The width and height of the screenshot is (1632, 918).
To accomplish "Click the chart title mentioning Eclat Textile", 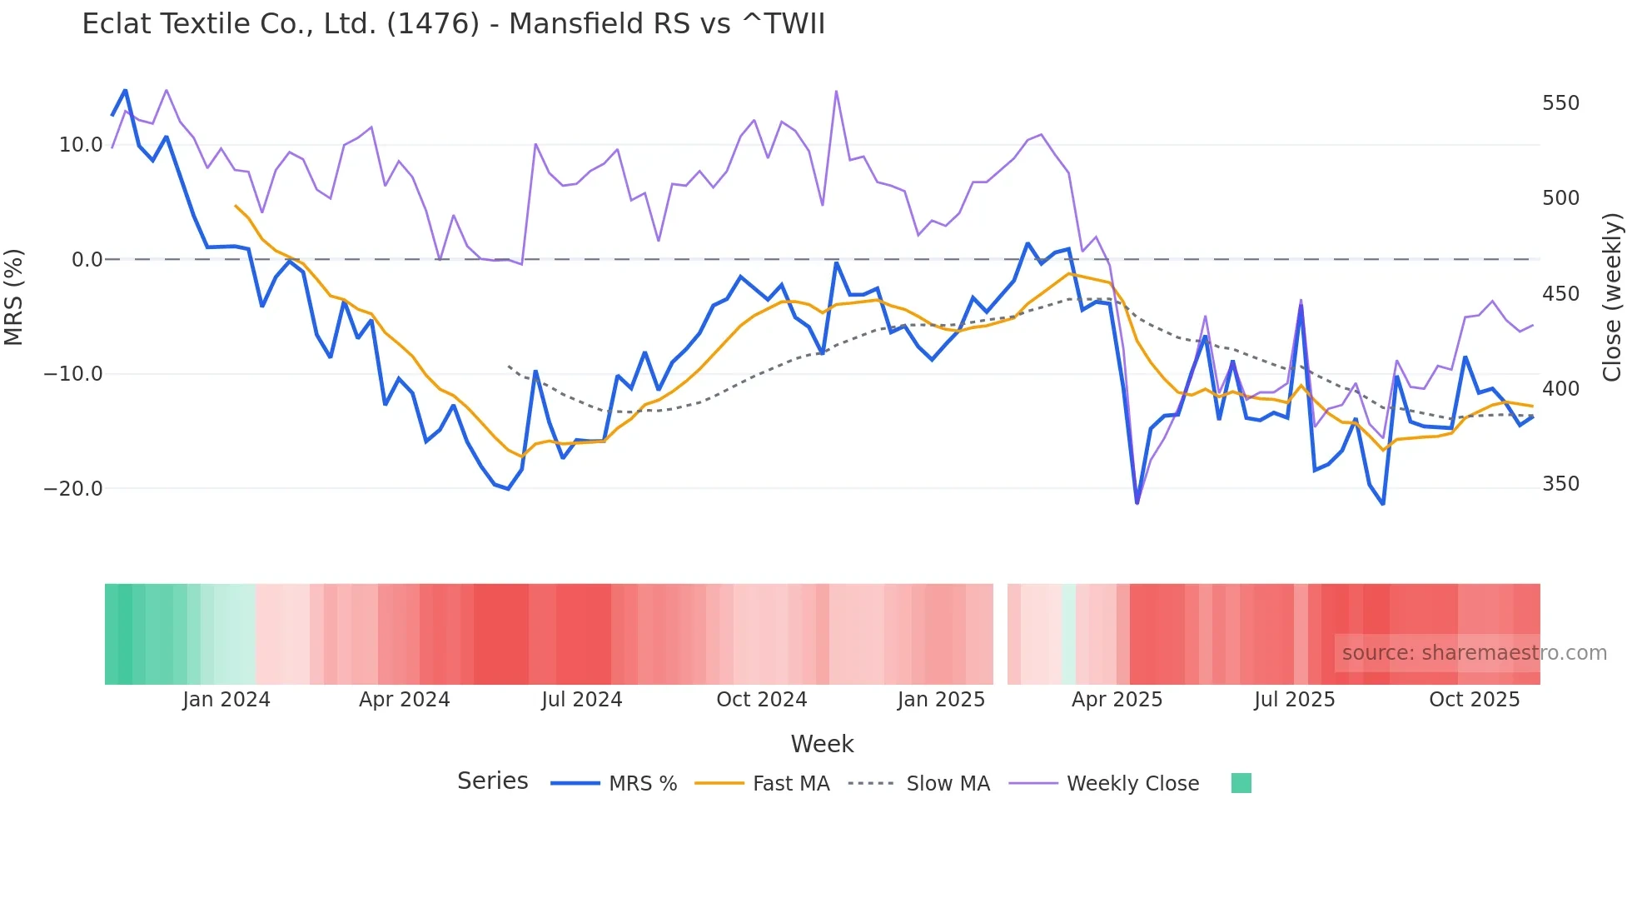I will [453, 24].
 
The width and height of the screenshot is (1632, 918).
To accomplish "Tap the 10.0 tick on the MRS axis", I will [81, 145].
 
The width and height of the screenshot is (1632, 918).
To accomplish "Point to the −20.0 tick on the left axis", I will [73, 489].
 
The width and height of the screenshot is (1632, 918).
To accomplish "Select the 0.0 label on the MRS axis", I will [87, 260].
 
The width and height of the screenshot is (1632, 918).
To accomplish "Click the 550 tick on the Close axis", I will [1560, 103].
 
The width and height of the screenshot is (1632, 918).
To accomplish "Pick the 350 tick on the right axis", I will [1560, 484].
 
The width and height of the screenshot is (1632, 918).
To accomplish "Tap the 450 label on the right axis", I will [1560, 294].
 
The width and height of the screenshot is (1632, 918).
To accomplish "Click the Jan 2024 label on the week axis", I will [226, 700].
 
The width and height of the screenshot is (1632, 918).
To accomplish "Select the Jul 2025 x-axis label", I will [1294, 700].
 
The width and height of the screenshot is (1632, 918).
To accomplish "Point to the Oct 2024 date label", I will [761, 700].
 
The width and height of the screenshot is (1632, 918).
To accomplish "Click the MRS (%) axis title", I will [14, 297].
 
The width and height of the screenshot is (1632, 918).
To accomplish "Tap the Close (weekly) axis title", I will [1612, 297].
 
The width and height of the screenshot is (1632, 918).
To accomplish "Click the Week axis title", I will [822, 744].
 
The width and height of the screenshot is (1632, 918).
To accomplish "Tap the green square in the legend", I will [1241, 783].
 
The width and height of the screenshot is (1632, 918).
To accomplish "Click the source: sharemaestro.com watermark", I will [1474, 653].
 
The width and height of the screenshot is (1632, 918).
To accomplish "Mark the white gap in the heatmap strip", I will [1000, 634].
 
